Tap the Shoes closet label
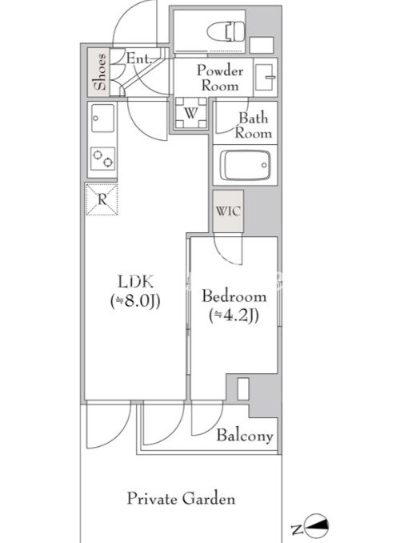pos(100,72)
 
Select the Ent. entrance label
pos(139,58)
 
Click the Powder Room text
pos(220,78)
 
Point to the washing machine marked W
pos(191,113)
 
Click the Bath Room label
pos(254,126)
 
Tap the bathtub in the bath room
pos(246,165)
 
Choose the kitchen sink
pos(102,118)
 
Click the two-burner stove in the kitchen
pos(102,159)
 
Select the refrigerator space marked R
pos(102,199)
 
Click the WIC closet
pos(228,211)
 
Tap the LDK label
pos(135,282)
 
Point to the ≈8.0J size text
pos(135,301)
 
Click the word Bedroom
pos(234,296)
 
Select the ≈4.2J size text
pos(234,316)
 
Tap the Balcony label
pos(245,436)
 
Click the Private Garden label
pos(181,499)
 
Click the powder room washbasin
pos(266,77)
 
